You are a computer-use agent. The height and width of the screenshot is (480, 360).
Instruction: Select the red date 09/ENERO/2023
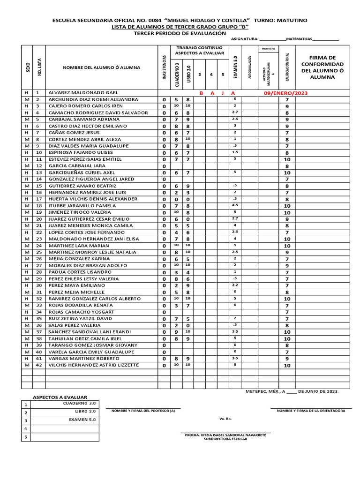click(x=286, y=93)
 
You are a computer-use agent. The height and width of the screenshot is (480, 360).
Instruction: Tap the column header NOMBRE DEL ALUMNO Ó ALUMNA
click(x=101, y=67)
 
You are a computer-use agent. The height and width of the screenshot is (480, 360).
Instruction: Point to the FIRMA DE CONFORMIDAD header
click(x=322, y=67)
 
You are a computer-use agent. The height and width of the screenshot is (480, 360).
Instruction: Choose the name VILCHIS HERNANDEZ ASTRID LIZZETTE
click(x=94, y=365)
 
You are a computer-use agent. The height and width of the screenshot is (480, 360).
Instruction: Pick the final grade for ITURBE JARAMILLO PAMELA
click(x=287, y=206)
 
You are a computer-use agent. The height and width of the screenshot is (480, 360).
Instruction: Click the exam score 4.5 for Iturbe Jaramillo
click(x=235, y=205)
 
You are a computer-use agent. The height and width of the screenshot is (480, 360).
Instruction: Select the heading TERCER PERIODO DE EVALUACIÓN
click(x=180, y=33)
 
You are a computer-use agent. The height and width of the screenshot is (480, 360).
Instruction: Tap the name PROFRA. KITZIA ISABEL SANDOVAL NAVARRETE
click(x=225, y=435)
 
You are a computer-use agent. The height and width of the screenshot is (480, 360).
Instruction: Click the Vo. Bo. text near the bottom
click(x=225, y=419)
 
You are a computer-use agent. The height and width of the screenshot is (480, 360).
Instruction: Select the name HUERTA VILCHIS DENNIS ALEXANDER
click(x=93, y=199)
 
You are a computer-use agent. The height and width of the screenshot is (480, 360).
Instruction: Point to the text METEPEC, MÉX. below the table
click(x=261, y=391)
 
